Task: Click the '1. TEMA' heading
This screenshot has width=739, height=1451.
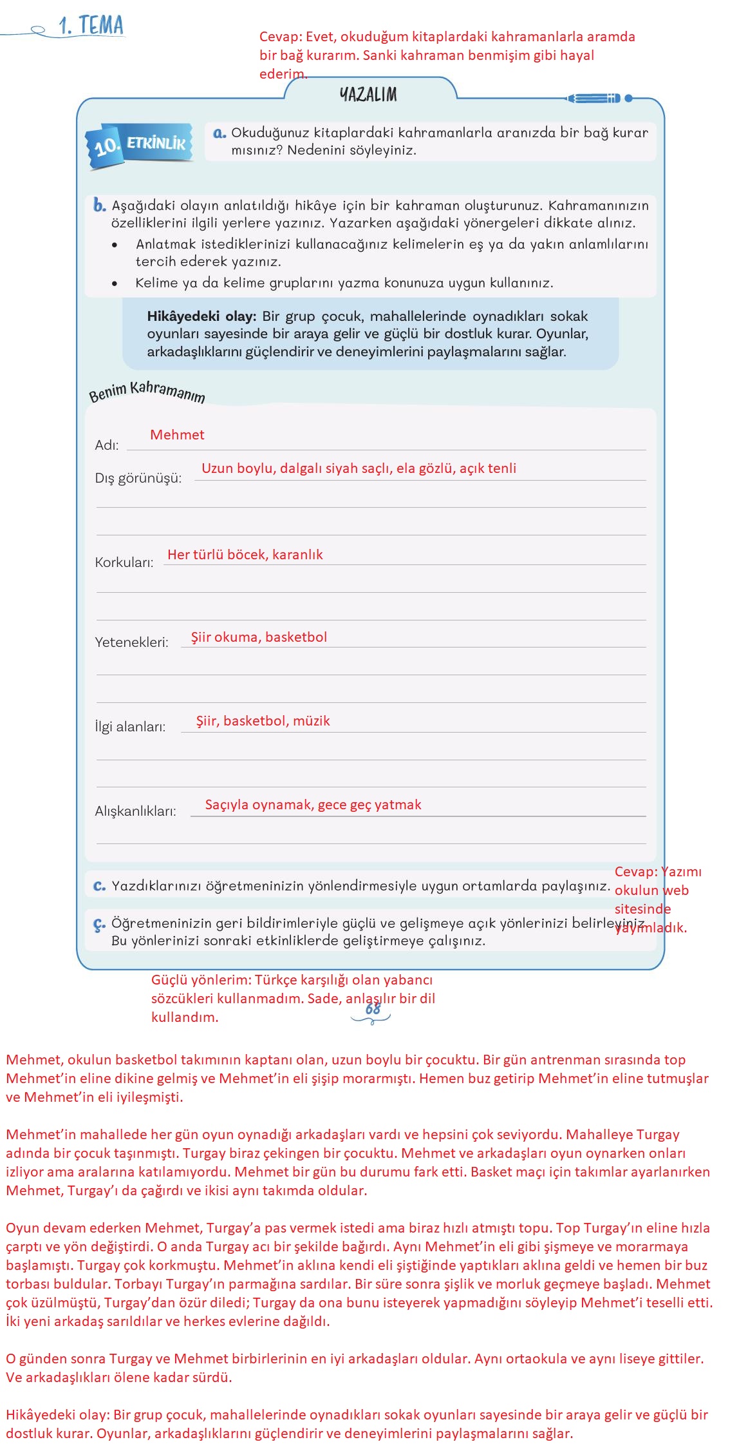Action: click(91, 26)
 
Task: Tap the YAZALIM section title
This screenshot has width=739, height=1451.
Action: click(369, 95)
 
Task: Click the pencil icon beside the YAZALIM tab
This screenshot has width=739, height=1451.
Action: click(594, 98)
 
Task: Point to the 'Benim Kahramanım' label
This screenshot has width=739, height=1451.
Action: click(147, 391)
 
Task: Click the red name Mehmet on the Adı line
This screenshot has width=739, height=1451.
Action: click(177, 435)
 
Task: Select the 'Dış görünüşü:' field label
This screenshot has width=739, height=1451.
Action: click(138, 478)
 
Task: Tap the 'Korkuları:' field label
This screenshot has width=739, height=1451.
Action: click(124, 562)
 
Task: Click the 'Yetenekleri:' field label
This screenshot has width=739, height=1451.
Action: click(131, 642)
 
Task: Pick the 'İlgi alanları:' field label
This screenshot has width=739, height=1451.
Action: click(130, 727)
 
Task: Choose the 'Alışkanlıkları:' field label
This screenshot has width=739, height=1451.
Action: click(135, 811)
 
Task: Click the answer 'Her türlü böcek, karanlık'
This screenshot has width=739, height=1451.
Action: click(245, 555)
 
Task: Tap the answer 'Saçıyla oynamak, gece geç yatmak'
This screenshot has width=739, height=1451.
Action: click(313, 805)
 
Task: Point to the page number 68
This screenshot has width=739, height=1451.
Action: click(373, 1009)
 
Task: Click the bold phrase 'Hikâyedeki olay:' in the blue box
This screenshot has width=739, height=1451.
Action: click(201, 316)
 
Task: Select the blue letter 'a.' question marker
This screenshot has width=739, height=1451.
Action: click(220, 133)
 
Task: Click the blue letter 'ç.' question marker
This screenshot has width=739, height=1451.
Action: click(99, 925)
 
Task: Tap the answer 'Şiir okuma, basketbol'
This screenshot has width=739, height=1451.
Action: click(259, 637)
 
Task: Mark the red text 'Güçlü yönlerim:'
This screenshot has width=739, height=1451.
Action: click(201, 980)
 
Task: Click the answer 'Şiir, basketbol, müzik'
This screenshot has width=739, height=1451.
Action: click(263, 721)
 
